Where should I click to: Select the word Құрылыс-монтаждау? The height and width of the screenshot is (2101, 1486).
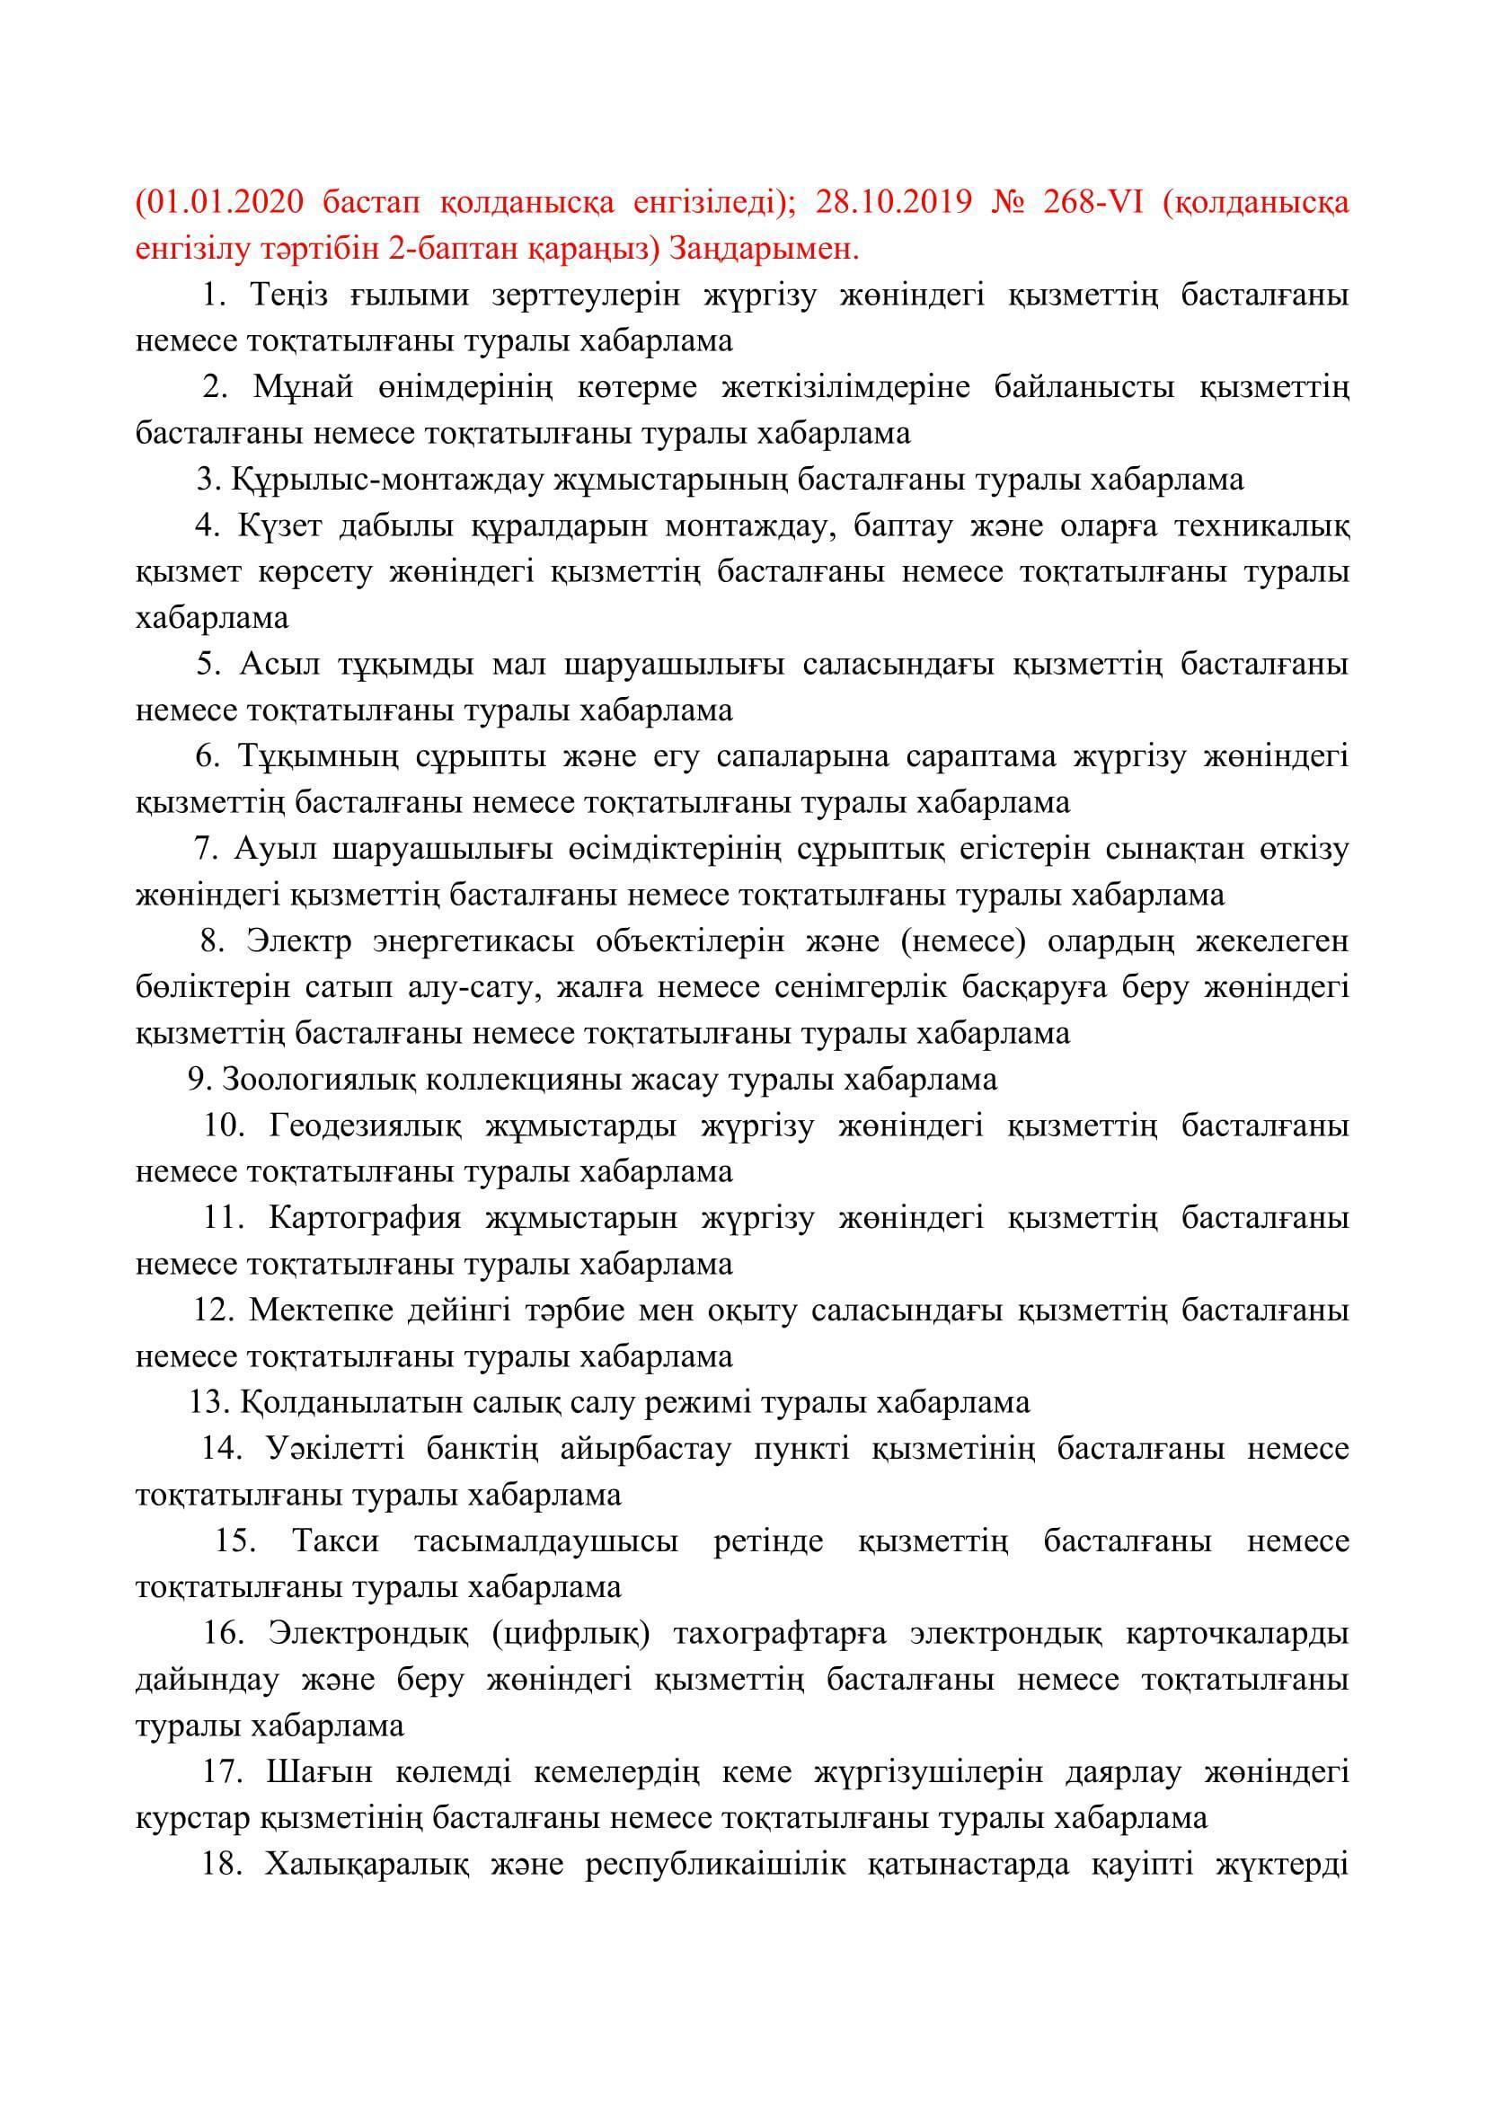click(385, 480)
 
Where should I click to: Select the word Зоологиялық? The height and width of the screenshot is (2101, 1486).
click(319, 1080)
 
